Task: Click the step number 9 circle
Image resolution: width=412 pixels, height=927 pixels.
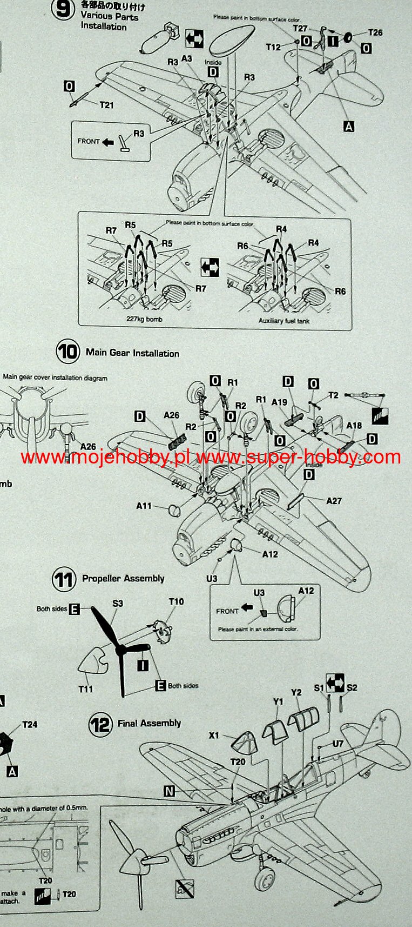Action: (x=64, y=9)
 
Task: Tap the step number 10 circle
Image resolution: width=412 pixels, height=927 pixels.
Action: (x=67, y=352)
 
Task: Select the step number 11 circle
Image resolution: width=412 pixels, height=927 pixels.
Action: (x=63, y=580)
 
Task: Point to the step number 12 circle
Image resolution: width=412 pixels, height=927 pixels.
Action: (x=100, y=724)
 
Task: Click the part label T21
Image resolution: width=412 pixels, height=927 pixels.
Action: (x=106, y=105)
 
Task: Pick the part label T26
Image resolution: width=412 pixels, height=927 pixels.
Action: (x=375, y=32)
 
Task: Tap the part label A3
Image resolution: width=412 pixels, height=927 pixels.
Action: (x=187, y=58)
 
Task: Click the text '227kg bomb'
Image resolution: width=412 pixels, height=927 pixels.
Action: (x=144, y=319)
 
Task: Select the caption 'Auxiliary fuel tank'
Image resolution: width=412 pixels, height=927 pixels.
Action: (x=284, y=321)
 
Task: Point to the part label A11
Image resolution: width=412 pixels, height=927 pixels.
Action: (x=144, y=506)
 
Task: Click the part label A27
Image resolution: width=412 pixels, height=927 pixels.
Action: (x=334, y=501)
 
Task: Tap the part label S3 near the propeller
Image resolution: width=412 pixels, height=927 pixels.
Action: (x=117, y=603)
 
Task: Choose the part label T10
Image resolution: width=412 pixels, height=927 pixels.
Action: (x=176, y=601)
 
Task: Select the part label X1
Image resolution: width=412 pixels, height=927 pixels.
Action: (x=214, y=736)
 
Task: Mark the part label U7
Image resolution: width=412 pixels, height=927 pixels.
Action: (x=337, y=744)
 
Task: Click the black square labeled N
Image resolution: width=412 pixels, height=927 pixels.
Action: (x=169, y=791)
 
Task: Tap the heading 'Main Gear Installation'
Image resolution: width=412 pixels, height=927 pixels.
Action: (x=132, y=353)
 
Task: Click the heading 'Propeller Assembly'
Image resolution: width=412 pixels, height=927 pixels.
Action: (x=123, y=579)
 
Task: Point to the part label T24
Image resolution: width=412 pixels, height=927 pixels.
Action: (x=30, y=724)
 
